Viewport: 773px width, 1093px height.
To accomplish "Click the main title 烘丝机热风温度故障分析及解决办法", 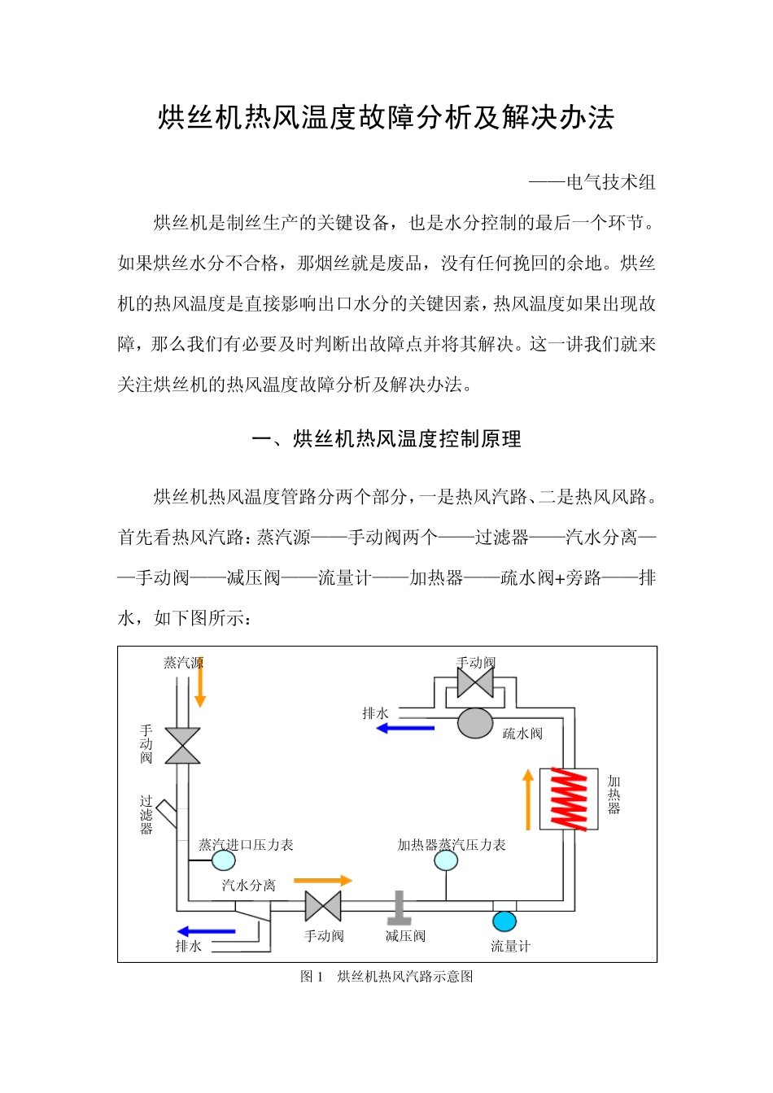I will tap(386, 119).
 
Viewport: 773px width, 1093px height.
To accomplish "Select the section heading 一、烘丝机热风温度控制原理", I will tap(386, 439).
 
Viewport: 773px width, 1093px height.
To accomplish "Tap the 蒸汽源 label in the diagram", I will tap(182, 663).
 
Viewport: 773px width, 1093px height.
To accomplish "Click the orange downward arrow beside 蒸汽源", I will tap(199, 683).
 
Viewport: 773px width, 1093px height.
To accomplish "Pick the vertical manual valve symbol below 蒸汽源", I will tap(182, 746).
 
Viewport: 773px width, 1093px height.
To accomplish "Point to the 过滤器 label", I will tap(146, 815).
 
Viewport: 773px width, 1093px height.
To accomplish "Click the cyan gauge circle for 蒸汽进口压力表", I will tap(223, 860).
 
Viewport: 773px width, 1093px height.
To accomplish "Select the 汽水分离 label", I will tap(248, 885).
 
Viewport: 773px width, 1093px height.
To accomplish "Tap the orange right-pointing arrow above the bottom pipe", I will tap(322, 880).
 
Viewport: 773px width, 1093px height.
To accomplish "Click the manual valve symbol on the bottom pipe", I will tap(323, 906).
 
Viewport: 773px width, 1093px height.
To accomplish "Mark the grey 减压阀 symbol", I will tap(399, 908).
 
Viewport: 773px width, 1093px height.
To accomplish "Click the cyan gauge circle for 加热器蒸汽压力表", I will tap(446, 860).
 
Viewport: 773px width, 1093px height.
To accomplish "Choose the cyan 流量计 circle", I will tap(504, 921).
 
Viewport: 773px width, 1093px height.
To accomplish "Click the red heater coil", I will tap(570, 799).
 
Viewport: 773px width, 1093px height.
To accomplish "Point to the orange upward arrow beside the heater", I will tap(528, 799).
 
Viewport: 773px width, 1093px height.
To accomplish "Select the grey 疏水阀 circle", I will tap(475, 723).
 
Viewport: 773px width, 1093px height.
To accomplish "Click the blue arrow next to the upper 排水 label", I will tap(405, 728).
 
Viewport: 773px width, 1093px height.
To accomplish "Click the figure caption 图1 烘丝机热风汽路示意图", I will tap(386, 976).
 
